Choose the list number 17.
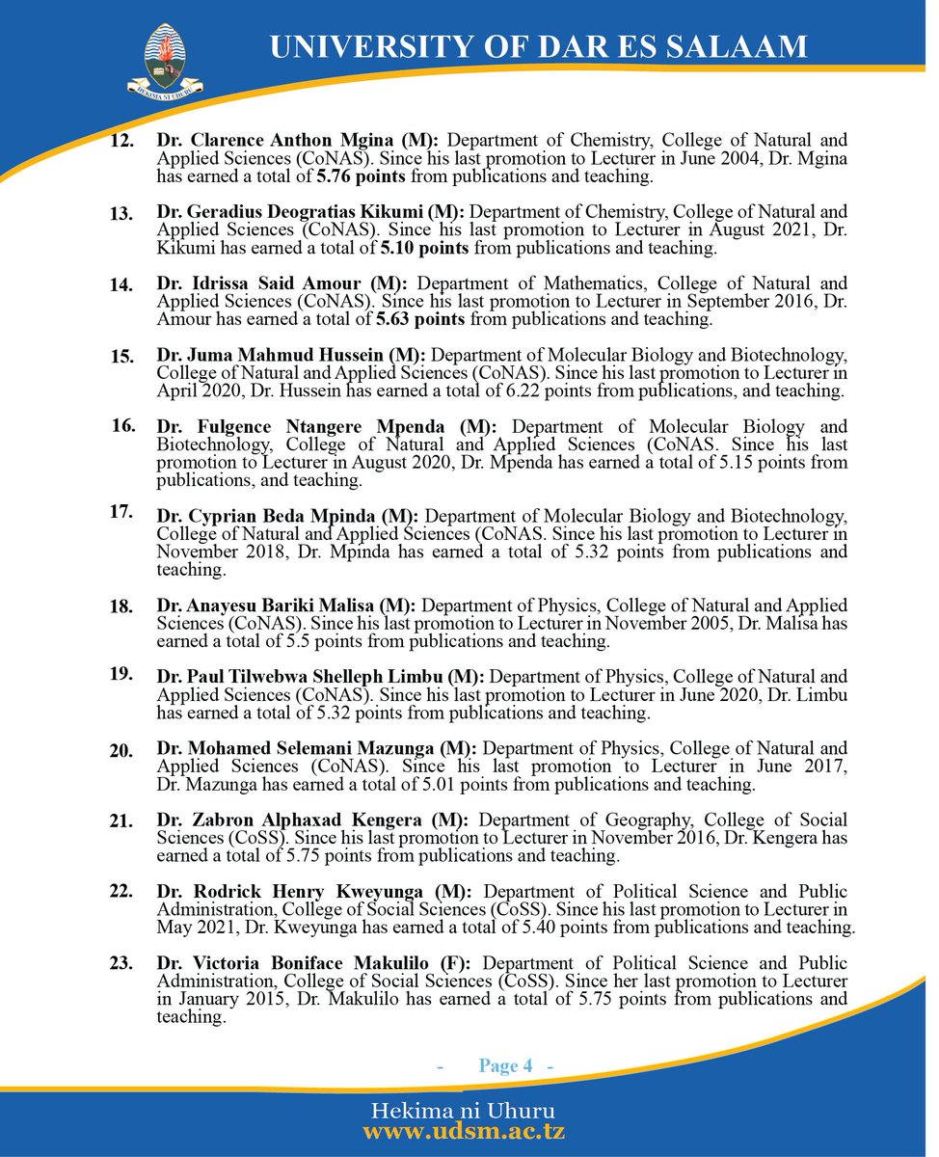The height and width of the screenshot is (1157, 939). tap(121, 512)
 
